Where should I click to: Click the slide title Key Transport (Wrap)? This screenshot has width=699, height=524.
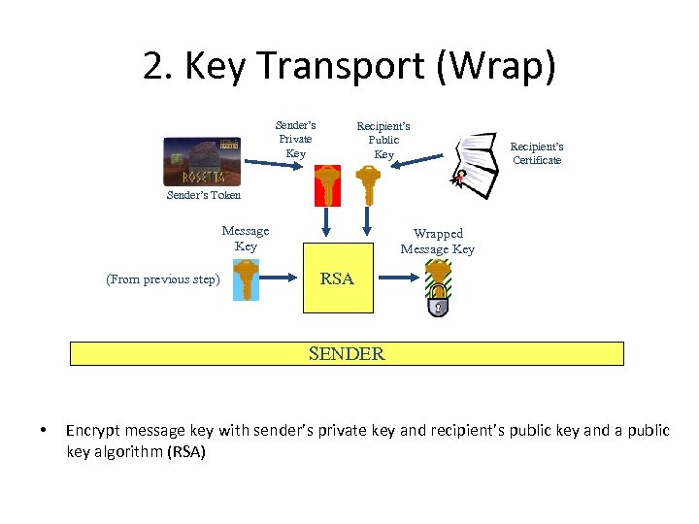click(x=349, y=67)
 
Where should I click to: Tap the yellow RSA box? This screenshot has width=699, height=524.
click(x=338, y=281)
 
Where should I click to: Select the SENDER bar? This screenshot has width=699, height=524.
click(x=347, y=354)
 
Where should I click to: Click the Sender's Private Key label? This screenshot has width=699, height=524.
click(x=295, y=140)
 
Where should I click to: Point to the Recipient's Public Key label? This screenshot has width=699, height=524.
click(x=383, y=141)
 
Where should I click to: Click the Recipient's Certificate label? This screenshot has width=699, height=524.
click(x=537, y=153)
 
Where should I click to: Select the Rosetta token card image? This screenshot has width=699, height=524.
click(x=202, y=161)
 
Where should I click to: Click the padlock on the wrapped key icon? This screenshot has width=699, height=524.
click(x=439, y=302)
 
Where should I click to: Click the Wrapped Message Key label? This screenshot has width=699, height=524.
click(x=438, y=242)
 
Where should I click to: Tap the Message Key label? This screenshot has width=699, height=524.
click(x=246, y=239)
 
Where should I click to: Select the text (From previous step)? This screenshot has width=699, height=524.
click(x=163, y=280)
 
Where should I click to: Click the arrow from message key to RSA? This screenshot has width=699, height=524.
click(x=281, y=278)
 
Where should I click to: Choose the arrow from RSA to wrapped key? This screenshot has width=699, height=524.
click(x=398, y=278)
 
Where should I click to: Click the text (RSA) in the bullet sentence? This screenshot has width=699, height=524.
click(x=185, y=452)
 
